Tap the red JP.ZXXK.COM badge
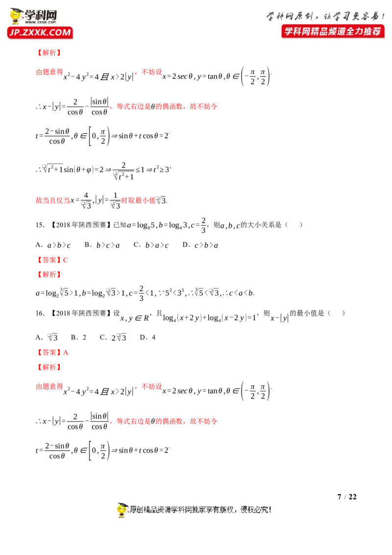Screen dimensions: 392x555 pos(40,32)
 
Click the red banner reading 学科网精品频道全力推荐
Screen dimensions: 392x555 pos(333,31)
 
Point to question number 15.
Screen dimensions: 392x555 pos(40,225)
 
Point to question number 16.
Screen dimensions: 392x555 pos(40,313)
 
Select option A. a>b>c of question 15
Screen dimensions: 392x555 pos(53,245)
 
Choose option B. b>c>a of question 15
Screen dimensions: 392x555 pos(102,245)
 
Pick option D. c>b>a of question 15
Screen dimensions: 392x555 pos(200,245)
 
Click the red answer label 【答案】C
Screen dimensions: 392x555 pos(52,260)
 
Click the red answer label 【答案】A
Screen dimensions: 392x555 pos(52,353)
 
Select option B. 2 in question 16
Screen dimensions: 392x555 pos(78,337)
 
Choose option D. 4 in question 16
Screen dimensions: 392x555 pos(147,337)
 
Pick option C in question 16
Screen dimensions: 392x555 pos(113,337)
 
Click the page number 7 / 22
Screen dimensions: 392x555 pos(347,497)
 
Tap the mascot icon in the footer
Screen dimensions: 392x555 pos(122,510)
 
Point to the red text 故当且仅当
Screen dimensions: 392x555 pos(53,201)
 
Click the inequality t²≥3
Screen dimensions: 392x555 pos(161,169)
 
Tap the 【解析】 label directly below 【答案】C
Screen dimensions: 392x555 pos(49,275)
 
